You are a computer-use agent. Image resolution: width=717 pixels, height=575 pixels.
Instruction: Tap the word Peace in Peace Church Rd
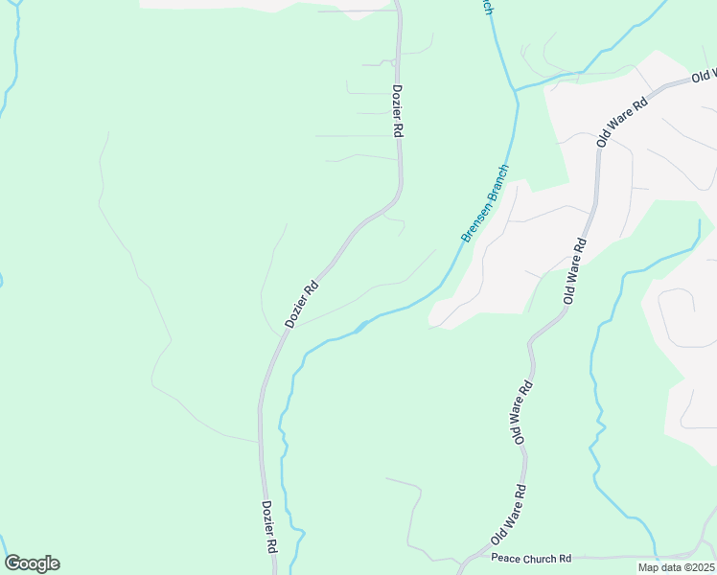click(504, 558)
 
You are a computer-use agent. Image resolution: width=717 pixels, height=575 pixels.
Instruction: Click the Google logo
click(32, 563)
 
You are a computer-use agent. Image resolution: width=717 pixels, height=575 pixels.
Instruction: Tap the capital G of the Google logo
click(12, 563)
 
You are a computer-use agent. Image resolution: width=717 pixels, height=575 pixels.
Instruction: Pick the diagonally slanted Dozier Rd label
click(300, 303)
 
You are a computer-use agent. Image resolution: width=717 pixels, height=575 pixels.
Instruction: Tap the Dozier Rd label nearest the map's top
click(397, 111)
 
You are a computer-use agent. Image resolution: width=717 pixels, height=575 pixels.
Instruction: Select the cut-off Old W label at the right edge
click(705, 75)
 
